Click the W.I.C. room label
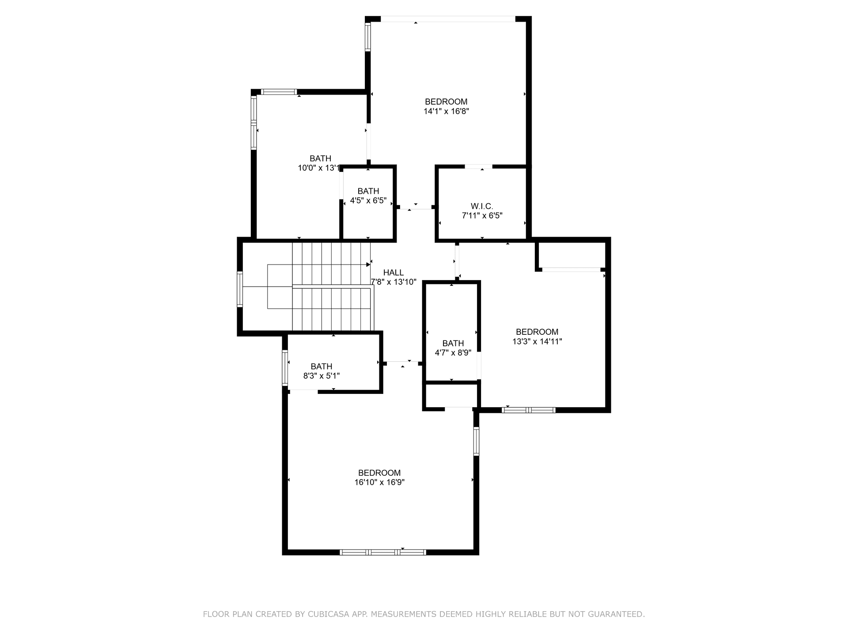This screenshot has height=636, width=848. (482, 206)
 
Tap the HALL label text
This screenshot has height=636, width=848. (393, 273)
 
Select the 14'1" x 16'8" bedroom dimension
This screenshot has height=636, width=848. (446, 112)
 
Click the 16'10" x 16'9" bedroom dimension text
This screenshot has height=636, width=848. (379, 482)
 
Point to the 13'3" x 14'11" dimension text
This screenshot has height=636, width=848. (537, 341)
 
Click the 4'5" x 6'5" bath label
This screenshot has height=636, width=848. (368, 201)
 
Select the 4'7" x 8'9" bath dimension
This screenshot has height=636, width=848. (453, 353)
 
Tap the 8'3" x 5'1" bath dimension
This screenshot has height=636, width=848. (321, 376)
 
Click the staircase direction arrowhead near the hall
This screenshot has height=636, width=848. (368, 265)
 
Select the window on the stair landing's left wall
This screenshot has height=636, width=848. (240, 289)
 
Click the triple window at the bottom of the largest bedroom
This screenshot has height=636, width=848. (382, 552)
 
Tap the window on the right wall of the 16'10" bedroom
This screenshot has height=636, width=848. (476, 441)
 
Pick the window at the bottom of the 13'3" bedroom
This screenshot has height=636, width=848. (528, 410)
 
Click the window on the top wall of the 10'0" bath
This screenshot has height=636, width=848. (279, 92)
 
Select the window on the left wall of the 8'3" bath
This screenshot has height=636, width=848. (285, 368)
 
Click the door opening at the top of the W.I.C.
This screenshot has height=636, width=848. (478, 167)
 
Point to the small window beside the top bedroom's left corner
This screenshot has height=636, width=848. (367, 37)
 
